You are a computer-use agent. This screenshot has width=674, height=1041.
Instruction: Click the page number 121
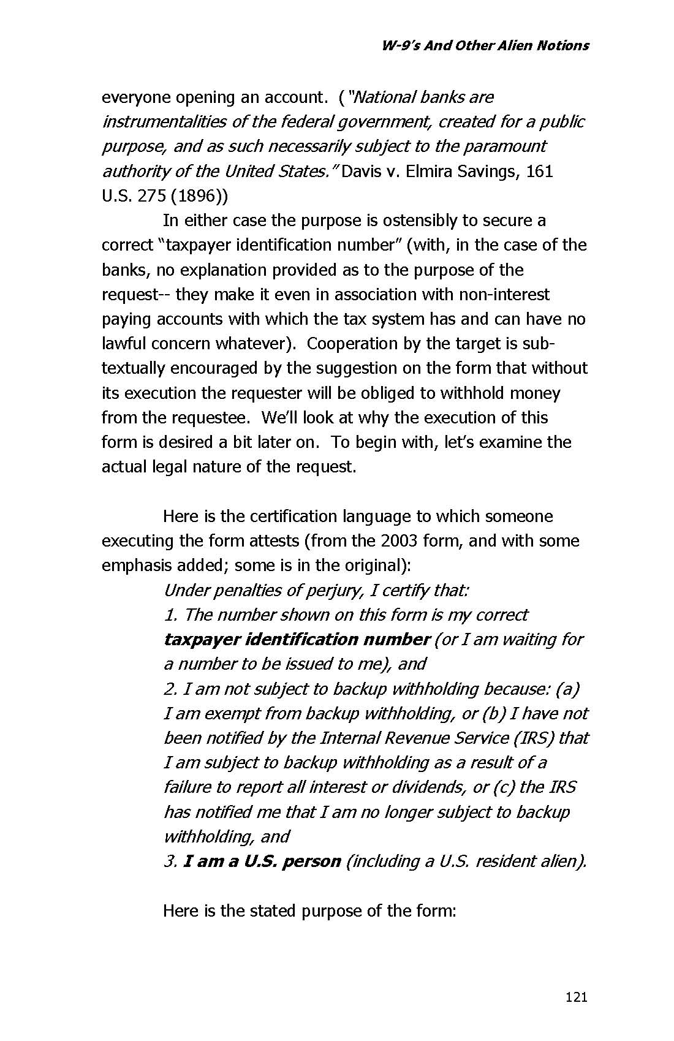tap(577, 997)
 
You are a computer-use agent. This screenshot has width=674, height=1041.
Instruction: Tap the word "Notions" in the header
tap(562, 45)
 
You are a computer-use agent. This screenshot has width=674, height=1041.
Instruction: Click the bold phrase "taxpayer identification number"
tap(297, 640)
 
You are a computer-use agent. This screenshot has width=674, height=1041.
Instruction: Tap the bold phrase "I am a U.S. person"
tap(262, 861)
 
